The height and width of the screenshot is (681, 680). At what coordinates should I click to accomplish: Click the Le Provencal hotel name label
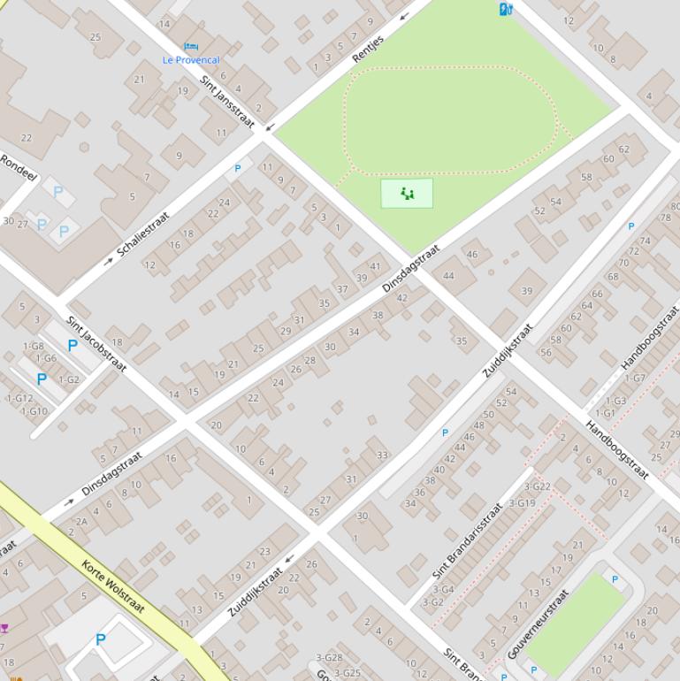point(191,60)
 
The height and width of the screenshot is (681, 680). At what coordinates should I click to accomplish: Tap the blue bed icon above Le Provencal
point(190,46)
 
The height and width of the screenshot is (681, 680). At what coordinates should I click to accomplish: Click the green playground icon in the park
point(407,193)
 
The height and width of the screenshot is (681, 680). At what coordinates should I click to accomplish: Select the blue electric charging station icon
point(506,9)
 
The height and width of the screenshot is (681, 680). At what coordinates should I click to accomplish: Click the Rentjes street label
point(368,50)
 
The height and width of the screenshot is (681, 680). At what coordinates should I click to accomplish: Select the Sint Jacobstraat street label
point(97,343)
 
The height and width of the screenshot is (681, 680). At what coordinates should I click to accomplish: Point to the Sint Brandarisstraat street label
point(468,540)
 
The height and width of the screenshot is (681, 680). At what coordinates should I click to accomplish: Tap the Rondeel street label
point(19,169)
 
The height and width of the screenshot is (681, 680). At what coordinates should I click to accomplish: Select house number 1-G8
point(33,347)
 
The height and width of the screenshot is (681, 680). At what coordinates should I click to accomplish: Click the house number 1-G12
point(19,399)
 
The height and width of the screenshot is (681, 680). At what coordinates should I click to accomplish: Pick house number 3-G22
point(537,486)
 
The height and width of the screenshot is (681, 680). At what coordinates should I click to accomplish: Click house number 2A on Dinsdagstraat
point(81,522)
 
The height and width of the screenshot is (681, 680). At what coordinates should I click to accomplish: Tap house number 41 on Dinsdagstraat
point(375,266)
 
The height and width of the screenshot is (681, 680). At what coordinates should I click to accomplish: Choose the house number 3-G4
point(443,589)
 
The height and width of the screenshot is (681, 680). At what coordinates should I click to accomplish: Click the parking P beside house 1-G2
point(42,379)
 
